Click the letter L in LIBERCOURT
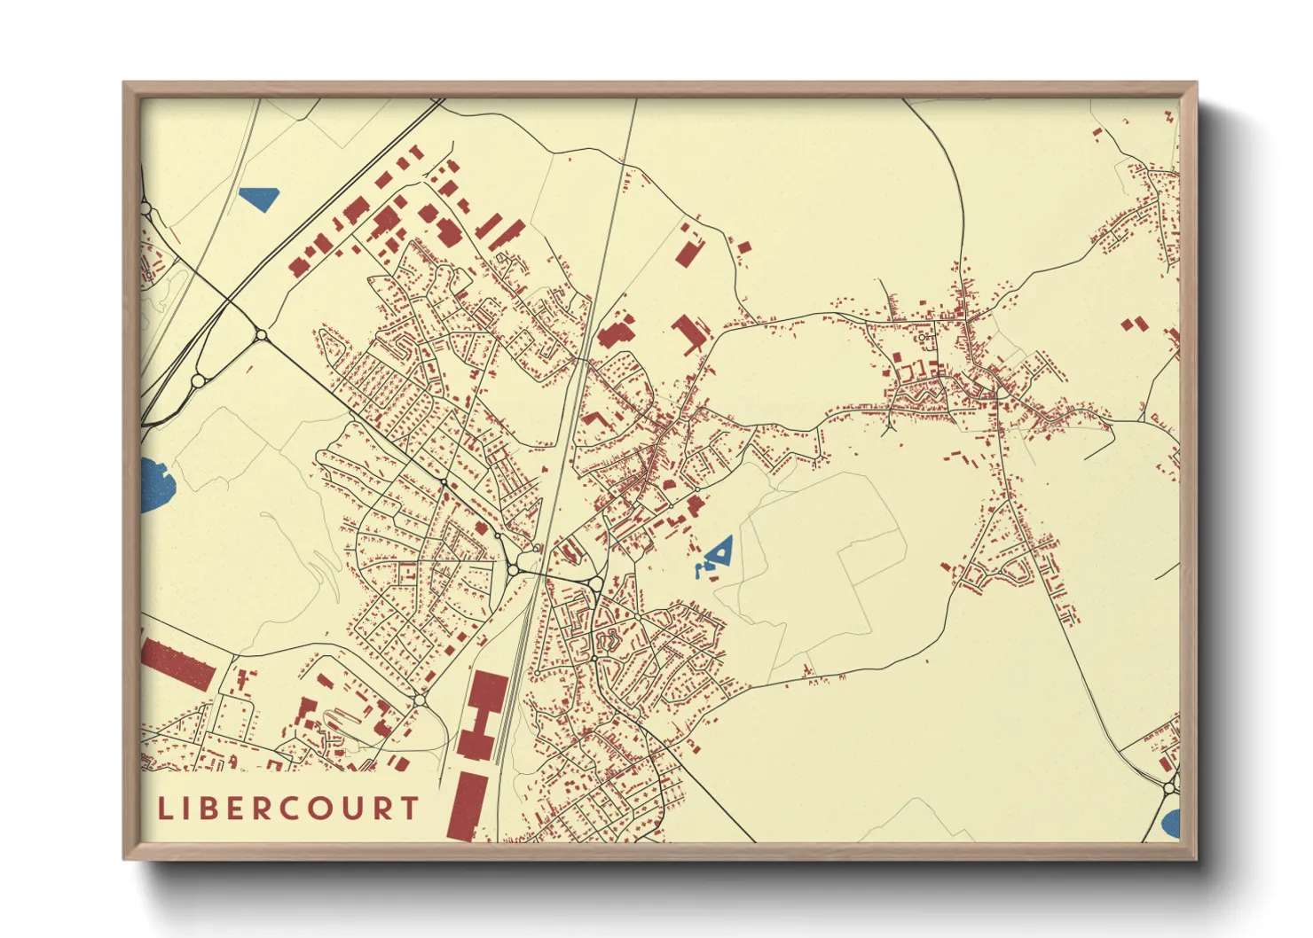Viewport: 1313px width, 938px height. (x=164, y=809)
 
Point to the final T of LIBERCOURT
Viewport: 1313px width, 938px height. (x=409, y=809)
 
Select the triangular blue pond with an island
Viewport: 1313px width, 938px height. (x=719, y=553)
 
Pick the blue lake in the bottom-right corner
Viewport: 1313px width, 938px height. (x=1171, y=823)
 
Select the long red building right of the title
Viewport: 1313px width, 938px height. (x=467, y=806)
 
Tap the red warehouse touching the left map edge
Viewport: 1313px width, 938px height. (x=177, y=664)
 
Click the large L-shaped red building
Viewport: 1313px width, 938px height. (x=689, y=333)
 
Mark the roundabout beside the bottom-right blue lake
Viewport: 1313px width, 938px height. (x=1169, y=787)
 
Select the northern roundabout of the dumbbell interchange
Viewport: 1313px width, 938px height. (x=261, y=335)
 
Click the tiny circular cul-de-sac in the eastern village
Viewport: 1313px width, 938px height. (x=923, y=338)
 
